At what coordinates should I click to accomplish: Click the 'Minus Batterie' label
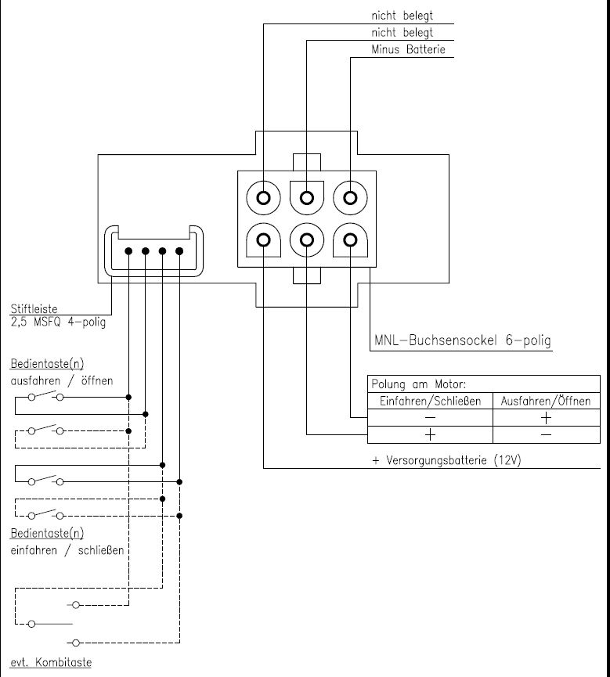point(408,49)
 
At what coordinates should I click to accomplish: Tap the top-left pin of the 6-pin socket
point(264,198)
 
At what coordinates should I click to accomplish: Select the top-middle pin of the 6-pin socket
point(307,198)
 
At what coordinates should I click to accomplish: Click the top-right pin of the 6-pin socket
point(350,198)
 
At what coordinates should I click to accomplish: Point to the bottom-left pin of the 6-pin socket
point(264,239)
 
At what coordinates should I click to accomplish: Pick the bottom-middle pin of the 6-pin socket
point(307,239)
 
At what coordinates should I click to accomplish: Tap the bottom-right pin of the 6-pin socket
point(350,239)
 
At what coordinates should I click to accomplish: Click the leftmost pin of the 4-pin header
point(128,251)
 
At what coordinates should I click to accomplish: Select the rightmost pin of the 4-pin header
point(179,251)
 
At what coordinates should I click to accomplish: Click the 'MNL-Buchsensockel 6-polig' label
point(463,340)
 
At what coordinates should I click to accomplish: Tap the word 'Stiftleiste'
point(34,308)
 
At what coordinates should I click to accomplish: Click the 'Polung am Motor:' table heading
point(419,384)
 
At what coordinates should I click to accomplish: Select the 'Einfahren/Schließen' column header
point(430,401)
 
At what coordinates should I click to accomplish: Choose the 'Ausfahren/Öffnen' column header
point(546,401)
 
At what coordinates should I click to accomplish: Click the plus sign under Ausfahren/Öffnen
point(546,418)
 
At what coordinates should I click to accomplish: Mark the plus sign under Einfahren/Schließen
point(430,434)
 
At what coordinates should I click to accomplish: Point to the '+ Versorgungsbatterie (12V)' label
point(446,460)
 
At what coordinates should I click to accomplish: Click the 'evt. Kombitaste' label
point(51,662)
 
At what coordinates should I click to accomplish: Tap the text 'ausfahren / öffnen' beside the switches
point(62,381)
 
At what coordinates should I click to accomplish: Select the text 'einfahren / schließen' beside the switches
point(67,550)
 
